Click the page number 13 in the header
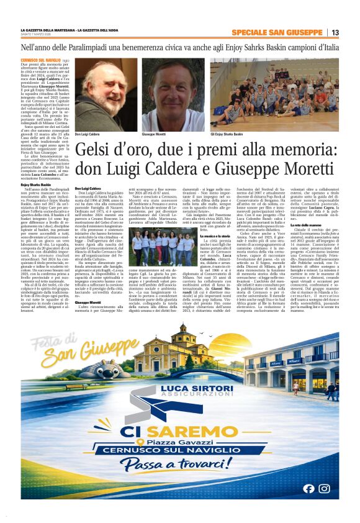335,32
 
